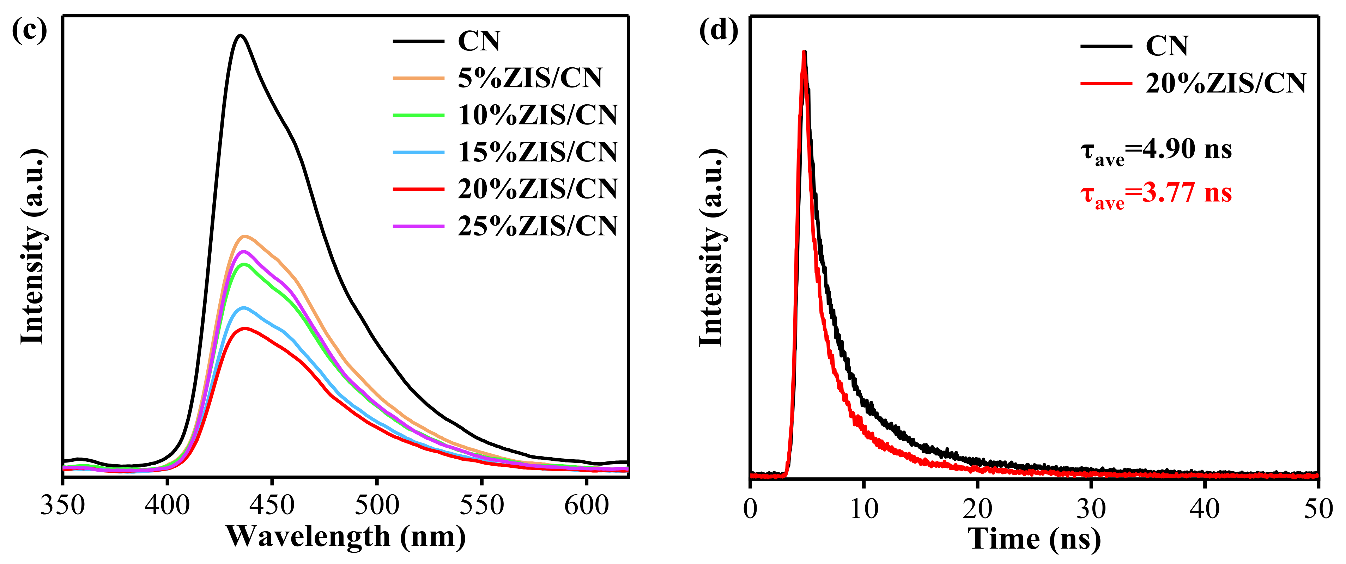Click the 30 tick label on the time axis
click(1091, 508)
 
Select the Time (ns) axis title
click(1034, 539)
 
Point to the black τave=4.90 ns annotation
click(1156, 152)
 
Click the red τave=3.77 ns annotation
click(1156, 195)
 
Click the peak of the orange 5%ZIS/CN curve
click(243, 237)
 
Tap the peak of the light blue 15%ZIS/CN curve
click(243, 308)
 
